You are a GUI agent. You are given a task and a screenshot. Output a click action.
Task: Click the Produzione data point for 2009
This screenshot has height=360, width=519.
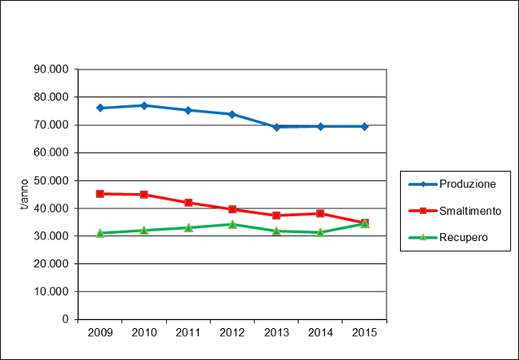click(x=100, y=108)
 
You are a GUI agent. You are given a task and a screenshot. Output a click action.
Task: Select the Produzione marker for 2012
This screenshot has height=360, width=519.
click(x=232, y=114)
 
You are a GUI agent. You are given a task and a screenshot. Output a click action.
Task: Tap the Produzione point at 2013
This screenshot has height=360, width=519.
click(x=276, y=127)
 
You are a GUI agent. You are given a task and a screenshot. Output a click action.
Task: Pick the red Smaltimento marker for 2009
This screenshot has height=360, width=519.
click(x=100, y=193)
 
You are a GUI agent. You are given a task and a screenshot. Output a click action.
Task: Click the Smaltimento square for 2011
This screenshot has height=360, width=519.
click(x=188, y=203)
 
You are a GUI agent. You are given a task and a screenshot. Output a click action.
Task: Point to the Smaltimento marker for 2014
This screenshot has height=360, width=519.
click(x=320, y=213)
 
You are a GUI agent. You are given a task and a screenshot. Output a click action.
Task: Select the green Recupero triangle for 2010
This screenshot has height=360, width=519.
click(x=144, y=230)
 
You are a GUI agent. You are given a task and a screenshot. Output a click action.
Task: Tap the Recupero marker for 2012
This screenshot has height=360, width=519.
click(x=232, y=224)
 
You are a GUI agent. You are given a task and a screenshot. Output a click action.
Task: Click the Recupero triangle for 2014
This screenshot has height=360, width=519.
click(x=320, y=232)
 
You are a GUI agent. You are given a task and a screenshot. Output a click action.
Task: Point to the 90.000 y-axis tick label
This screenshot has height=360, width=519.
click(x=51, y=69)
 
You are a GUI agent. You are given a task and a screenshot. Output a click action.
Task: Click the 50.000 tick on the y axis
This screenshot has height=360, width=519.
click(x=51, y=180)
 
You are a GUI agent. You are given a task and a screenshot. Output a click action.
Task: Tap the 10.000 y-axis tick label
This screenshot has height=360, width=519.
click(x=51, y=291)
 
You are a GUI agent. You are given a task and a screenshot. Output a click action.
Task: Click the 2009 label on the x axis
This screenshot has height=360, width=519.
click(x=100, y=332)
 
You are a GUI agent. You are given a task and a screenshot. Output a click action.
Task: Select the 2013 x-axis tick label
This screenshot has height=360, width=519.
click(x=276, y=332)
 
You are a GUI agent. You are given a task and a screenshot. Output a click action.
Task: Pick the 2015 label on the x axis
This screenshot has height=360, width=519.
click(x=364, y=332)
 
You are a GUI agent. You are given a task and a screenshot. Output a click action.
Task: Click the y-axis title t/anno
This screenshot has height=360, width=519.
click(x=24, y=195)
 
